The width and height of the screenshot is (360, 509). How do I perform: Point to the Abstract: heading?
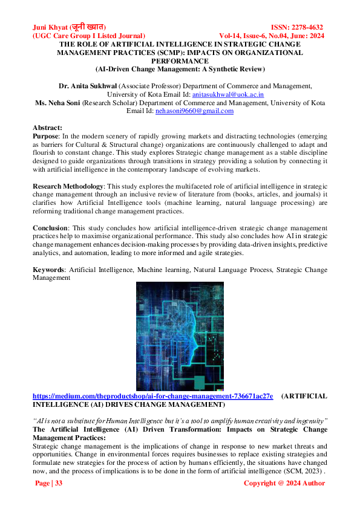(48, 128)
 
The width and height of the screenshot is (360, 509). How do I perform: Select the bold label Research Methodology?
(68, 186)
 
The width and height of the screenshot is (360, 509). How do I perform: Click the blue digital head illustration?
(180, 334)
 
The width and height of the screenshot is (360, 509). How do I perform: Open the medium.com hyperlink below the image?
(152, 396)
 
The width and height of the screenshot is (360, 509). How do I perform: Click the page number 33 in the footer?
(48, 483)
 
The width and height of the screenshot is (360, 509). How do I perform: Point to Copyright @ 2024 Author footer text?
(284, 483)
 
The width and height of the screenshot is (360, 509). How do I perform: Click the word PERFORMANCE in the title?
(180, 61)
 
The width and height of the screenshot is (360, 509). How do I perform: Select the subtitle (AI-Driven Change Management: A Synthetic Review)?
(180, 70)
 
